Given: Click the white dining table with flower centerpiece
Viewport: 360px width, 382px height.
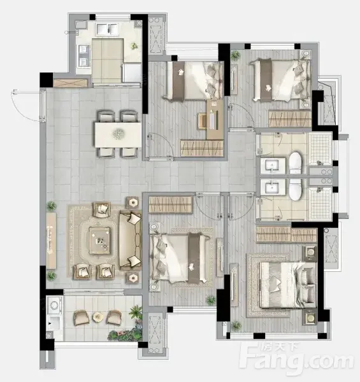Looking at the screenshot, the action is (x=118, y=135).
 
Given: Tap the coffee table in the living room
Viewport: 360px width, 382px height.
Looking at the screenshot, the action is (x=99, y=240).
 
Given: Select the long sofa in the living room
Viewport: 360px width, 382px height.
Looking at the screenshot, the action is (x=130, y=241).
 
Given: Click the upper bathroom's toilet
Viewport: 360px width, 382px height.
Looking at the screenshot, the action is (x=296, y=162).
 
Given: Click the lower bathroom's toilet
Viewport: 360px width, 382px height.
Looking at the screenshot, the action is (x=296, y=190).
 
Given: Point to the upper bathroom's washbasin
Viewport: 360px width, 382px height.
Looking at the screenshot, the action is (x=273, y=166).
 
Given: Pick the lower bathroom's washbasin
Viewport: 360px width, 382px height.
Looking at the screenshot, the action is (x=273, y=187).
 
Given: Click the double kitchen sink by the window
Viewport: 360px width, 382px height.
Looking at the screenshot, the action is (x=107, y=29).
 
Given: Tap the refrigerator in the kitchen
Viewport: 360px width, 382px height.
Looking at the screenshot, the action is (x=132, y=73).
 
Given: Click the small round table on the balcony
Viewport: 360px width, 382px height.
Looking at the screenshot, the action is (x=97, y=317).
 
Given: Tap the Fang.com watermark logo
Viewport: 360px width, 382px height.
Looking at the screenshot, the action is (x=296, y=358).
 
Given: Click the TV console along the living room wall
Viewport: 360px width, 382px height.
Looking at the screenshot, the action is (x=52, y=241).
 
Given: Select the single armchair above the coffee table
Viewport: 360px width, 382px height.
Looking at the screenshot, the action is (x=102, y=209).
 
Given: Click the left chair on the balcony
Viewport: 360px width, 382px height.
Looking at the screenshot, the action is (x=81, y=317).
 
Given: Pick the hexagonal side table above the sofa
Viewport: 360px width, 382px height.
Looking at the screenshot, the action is (x=133, y=202).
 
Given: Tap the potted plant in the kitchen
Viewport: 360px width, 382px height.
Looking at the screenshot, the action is (x=134, y=46).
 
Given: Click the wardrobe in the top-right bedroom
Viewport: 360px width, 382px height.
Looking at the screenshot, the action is (x=290, y=118).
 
